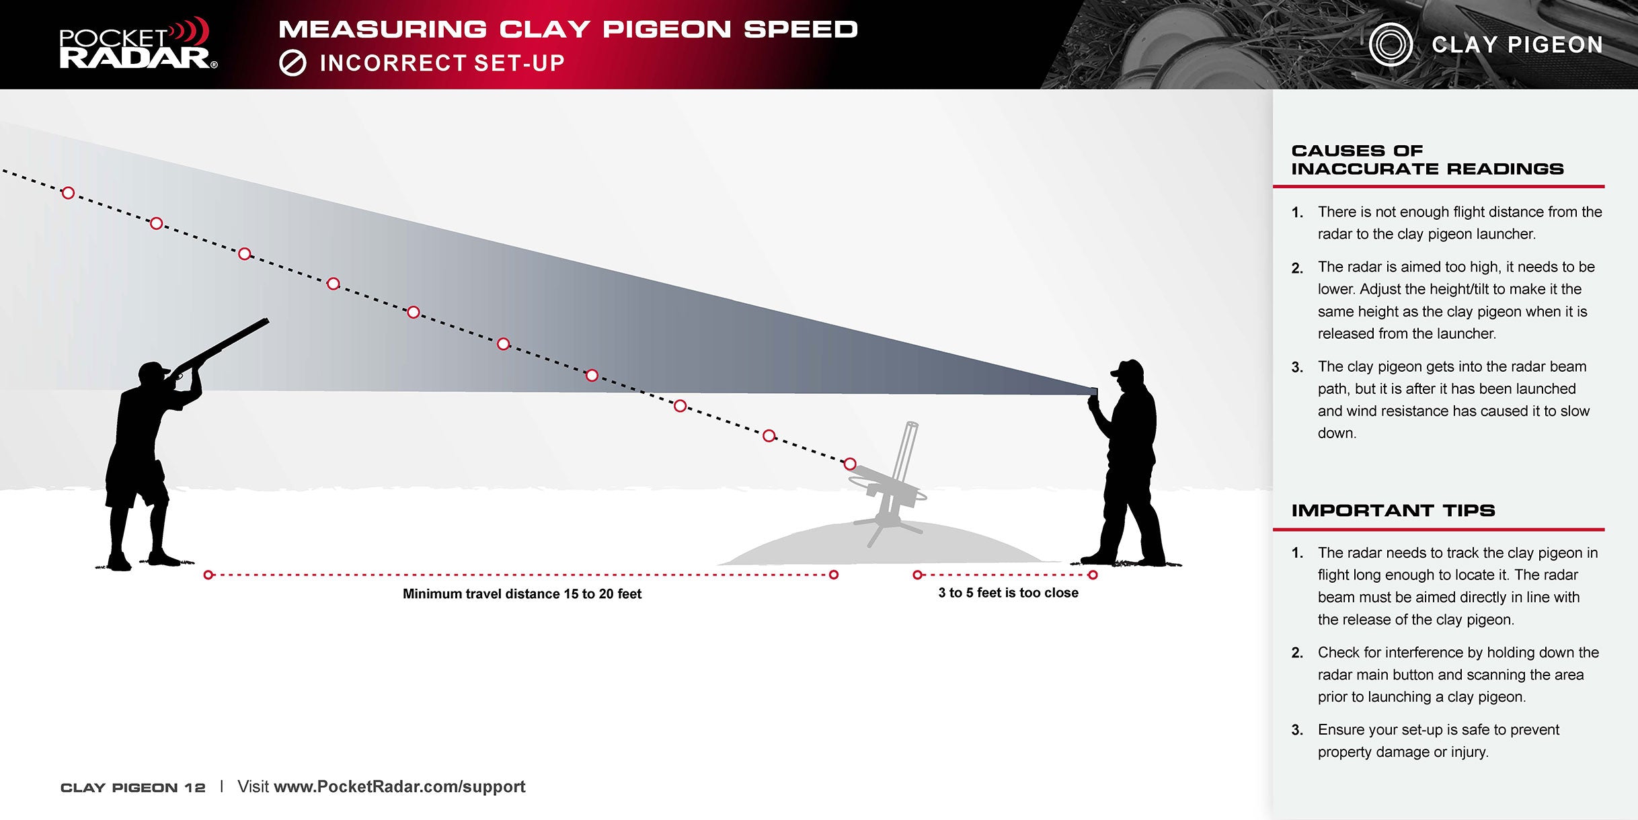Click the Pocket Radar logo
coord(138,44)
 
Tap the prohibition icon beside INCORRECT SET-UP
coord(292,63)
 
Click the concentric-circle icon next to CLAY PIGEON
coord(1391,44)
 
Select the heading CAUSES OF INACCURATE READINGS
coord(1427,160)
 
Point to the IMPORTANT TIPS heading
coord(1393,511)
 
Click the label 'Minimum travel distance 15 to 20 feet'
coord(522,594)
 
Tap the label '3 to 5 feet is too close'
coord(1008,593)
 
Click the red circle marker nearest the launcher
coord(850,464)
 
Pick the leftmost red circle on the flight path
coord(68,193)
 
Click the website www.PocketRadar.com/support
coord(399,787)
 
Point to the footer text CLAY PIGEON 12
coord(132,788)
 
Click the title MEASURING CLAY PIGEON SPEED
coord(568,30)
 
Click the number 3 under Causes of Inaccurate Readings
coord(1296,368)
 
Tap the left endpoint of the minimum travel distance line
coord(208,575)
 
